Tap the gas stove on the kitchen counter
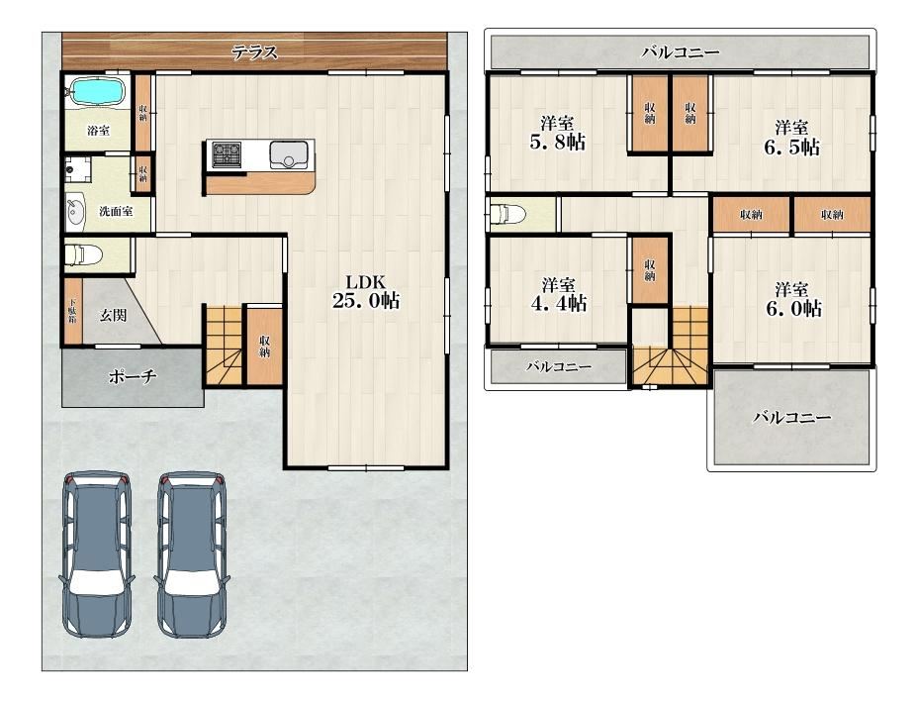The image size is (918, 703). pyautogui.click(x=226, y=154)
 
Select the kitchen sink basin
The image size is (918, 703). pyautogui.click(x=288, y=155)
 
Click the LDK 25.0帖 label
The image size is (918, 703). pyautogui.click(x=366, y=291)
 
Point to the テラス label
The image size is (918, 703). pyautogui.click(x=254, y=52)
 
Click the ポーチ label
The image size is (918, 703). pyautogui.click(x=133, y=376)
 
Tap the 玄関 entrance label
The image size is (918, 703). pyautogui.click(x=113, y=315)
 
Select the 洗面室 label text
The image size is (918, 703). pyautogui.click(x=116, y=212)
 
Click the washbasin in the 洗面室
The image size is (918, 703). pyautogui.click(x=75, y=212)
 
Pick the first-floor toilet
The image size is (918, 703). pyautogui.click(x=83, y=255)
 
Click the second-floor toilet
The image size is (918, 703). pyautogui.click(x=508, y=214)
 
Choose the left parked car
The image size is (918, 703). pyautogui.click(x=97, y=554)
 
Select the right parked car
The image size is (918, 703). pyautogui.click(x=192, y=554)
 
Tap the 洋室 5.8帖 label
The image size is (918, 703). pyautogui.click(x=557, y=134)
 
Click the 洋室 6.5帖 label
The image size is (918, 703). pyautogui.click(x=791, y=138)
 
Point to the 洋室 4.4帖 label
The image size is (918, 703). pyautogui.click(x=558, y=295)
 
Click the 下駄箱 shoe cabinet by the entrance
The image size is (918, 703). pyautogui.click(x=72, y=312)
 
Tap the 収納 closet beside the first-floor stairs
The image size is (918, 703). pyautogui.click(x=264, y=346)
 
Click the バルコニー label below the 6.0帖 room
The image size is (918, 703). pyautogui.click(x=792, y=418)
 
